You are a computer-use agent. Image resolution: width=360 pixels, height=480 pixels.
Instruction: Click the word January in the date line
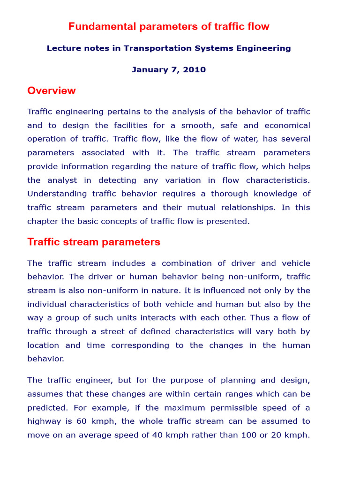[149, 70]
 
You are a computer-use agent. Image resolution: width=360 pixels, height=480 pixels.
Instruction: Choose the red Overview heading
[52, 90]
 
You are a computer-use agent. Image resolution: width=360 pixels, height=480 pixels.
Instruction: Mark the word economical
[287, 125]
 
